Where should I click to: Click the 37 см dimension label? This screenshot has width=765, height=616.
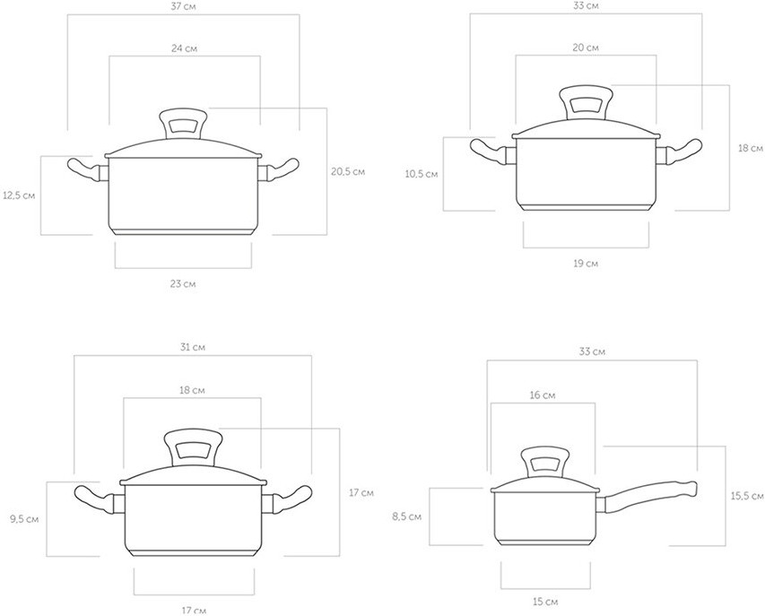pyautogui.click(x=184, y=7)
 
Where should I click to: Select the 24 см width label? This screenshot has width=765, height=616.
pyautogui.click(x=185, y=48)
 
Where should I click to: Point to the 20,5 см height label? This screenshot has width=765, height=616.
pyautogui.click(x=348, y=171)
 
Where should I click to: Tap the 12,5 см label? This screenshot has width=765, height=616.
pyautogui.click(x=19, y=195)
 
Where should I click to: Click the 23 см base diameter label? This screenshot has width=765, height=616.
pyautogui.click(x=183, y=283)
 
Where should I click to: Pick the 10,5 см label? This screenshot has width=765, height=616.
pyautogui.click(x=422, y=174)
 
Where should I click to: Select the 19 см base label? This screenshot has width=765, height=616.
pyautogui.click(x=586, y=264)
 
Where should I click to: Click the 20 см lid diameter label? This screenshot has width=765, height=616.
pyautogui.click(x=586, y=48)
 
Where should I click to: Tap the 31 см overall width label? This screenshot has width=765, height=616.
pyautogui.click(x=193, y=347)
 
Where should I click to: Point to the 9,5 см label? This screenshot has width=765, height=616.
pyautogui.click(x=24, y=519)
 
